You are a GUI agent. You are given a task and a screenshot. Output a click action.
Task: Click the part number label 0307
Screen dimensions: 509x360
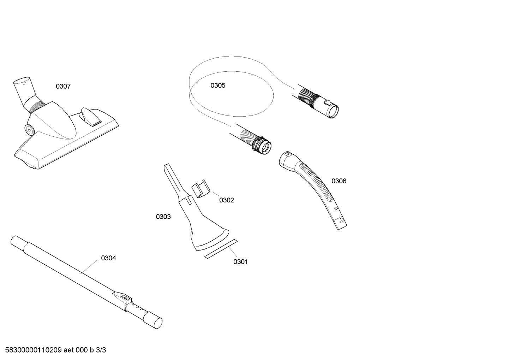coord(63,87)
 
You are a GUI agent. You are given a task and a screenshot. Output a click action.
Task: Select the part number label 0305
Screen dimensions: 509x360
coord(218,85)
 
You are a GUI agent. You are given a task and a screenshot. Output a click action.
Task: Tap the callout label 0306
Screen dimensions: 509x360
coord(339,181)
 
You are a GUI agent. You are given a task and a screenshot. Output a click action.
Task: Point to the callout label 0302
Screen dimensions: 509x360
coord(227,200)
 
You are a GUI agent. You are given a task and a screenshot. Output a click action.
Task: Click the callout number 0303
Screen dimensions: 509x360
coord(163,217)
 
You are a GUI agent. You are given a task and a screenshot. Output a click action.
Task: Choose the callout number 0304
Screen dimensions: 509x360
coord(108,258)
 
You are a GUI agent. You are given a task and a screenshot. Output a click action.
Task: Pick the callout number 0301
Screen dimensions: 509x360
coord(240,262)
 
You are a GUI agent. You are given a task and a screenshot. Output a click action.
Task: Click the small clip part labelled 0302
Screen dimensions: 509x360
coord(200,189)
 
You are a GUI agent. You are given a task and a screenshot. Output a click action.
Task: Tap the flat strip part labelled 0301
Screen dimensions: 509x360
coord(221,249)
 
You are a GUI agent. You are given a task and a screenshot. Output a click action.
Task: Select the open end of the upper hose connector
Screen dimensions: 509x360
coord(333,111)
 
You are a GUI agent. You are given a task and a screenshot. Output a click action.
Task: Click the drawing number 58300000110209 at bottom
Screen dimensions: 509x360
coord(33,350)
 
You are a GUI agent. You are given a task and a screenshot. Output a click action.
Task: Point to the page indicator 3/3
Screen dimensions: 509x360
coord(101,350)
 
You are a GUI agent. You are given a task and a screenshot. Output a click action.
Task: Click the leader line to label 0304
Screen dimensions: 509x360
coord(90,267)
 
